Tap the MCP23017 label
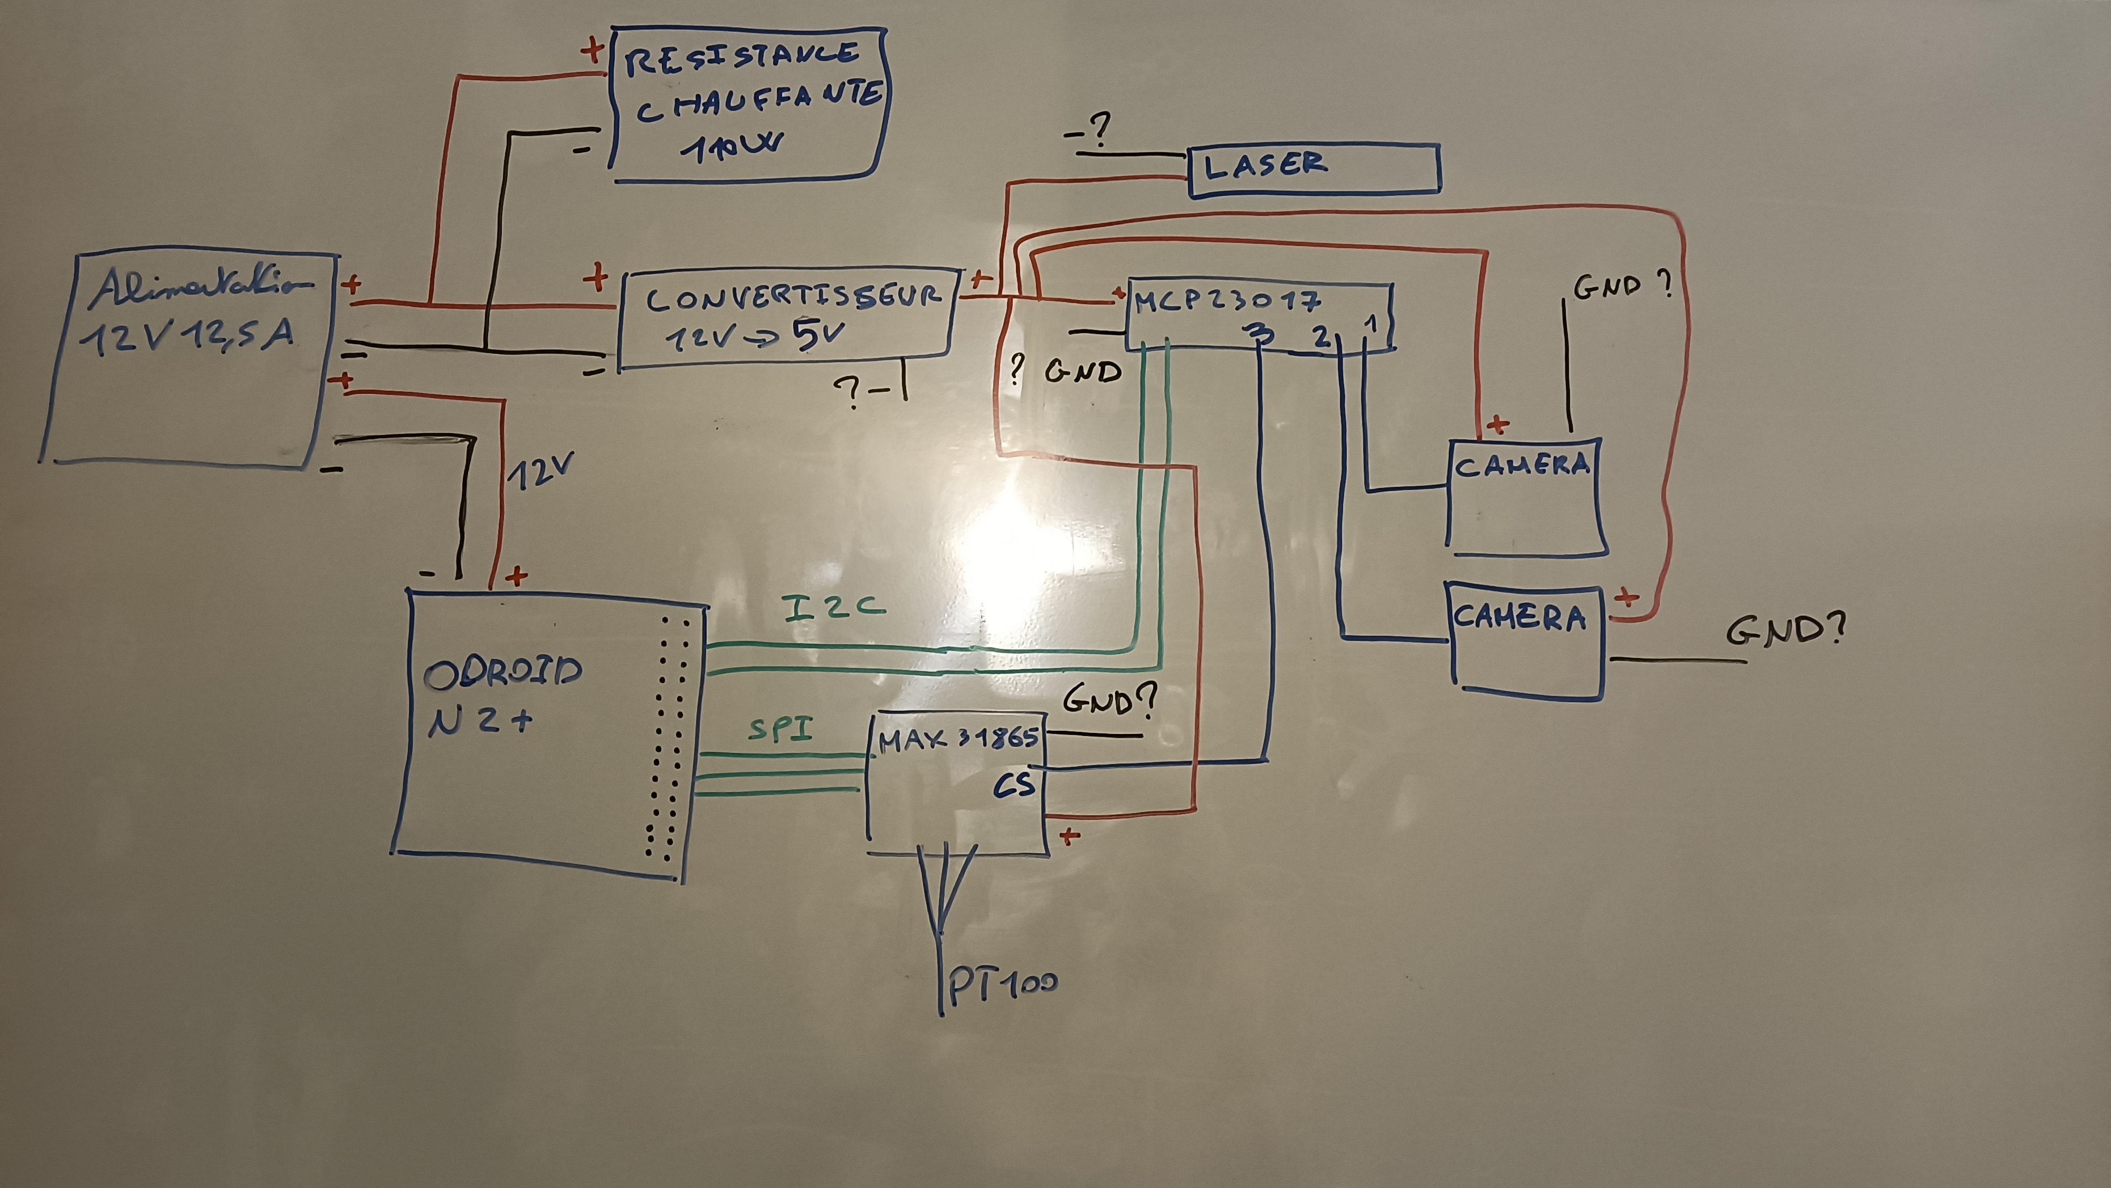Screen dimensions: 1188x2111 (x=1227, y=301)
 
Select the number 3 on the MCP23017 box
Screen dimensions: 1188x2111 (x=1260, y=335)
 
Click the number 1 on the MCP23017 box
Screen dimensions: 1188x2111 (x=1370, y=325)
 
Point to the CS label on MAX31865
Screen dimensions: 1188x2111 (x=1014, y=786)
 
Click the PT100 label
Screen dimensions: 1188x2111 (x=1002, y=985)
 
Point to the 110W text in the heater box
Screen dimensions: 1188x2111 (x=730, y=148)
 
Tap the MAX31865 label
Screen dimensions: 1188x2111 (x=958, y=740)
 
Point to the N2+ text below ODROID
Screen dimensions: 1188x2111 (x=480, y=721)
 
